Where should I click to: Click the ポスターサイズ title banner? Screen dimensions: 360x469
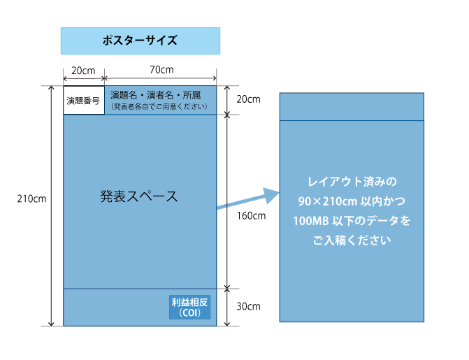tap(140, 41)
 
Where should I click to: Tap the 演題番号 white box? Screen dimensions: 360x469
tap(84, 101)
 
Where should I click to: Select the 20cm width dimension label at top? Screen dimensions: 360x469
tap(84, 70)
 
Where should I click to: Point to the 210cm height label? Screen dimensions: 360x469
tap(31, 199)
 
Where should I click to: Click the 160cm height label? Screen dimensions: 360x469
tap(251, 215)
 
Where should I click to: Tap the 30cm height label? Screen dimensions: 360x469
tap(249, 306)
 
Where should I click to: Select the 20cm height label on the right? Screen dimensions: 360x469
tap(249, 99)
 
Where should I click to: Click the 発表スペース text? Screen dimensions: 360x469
tap(139, 196)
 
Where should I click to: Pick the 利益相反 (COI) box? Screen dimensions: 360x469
tap(190, 308)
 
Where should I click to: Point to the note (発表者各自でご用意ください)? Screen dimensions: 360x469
tap(159, 106)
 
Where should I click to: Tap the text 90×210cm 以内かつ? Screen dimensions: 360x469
tap(352, 201)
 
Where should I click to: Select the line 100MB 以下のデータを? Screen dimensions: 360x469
tap(352, 221)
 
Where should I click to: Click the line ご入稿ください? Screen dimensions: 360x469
tap(352, 240)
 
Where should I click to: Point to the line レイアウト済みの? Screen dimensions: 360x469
tap(352, 182)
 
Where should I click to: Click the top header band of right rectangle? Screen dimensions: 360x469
tap(352, 106)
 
